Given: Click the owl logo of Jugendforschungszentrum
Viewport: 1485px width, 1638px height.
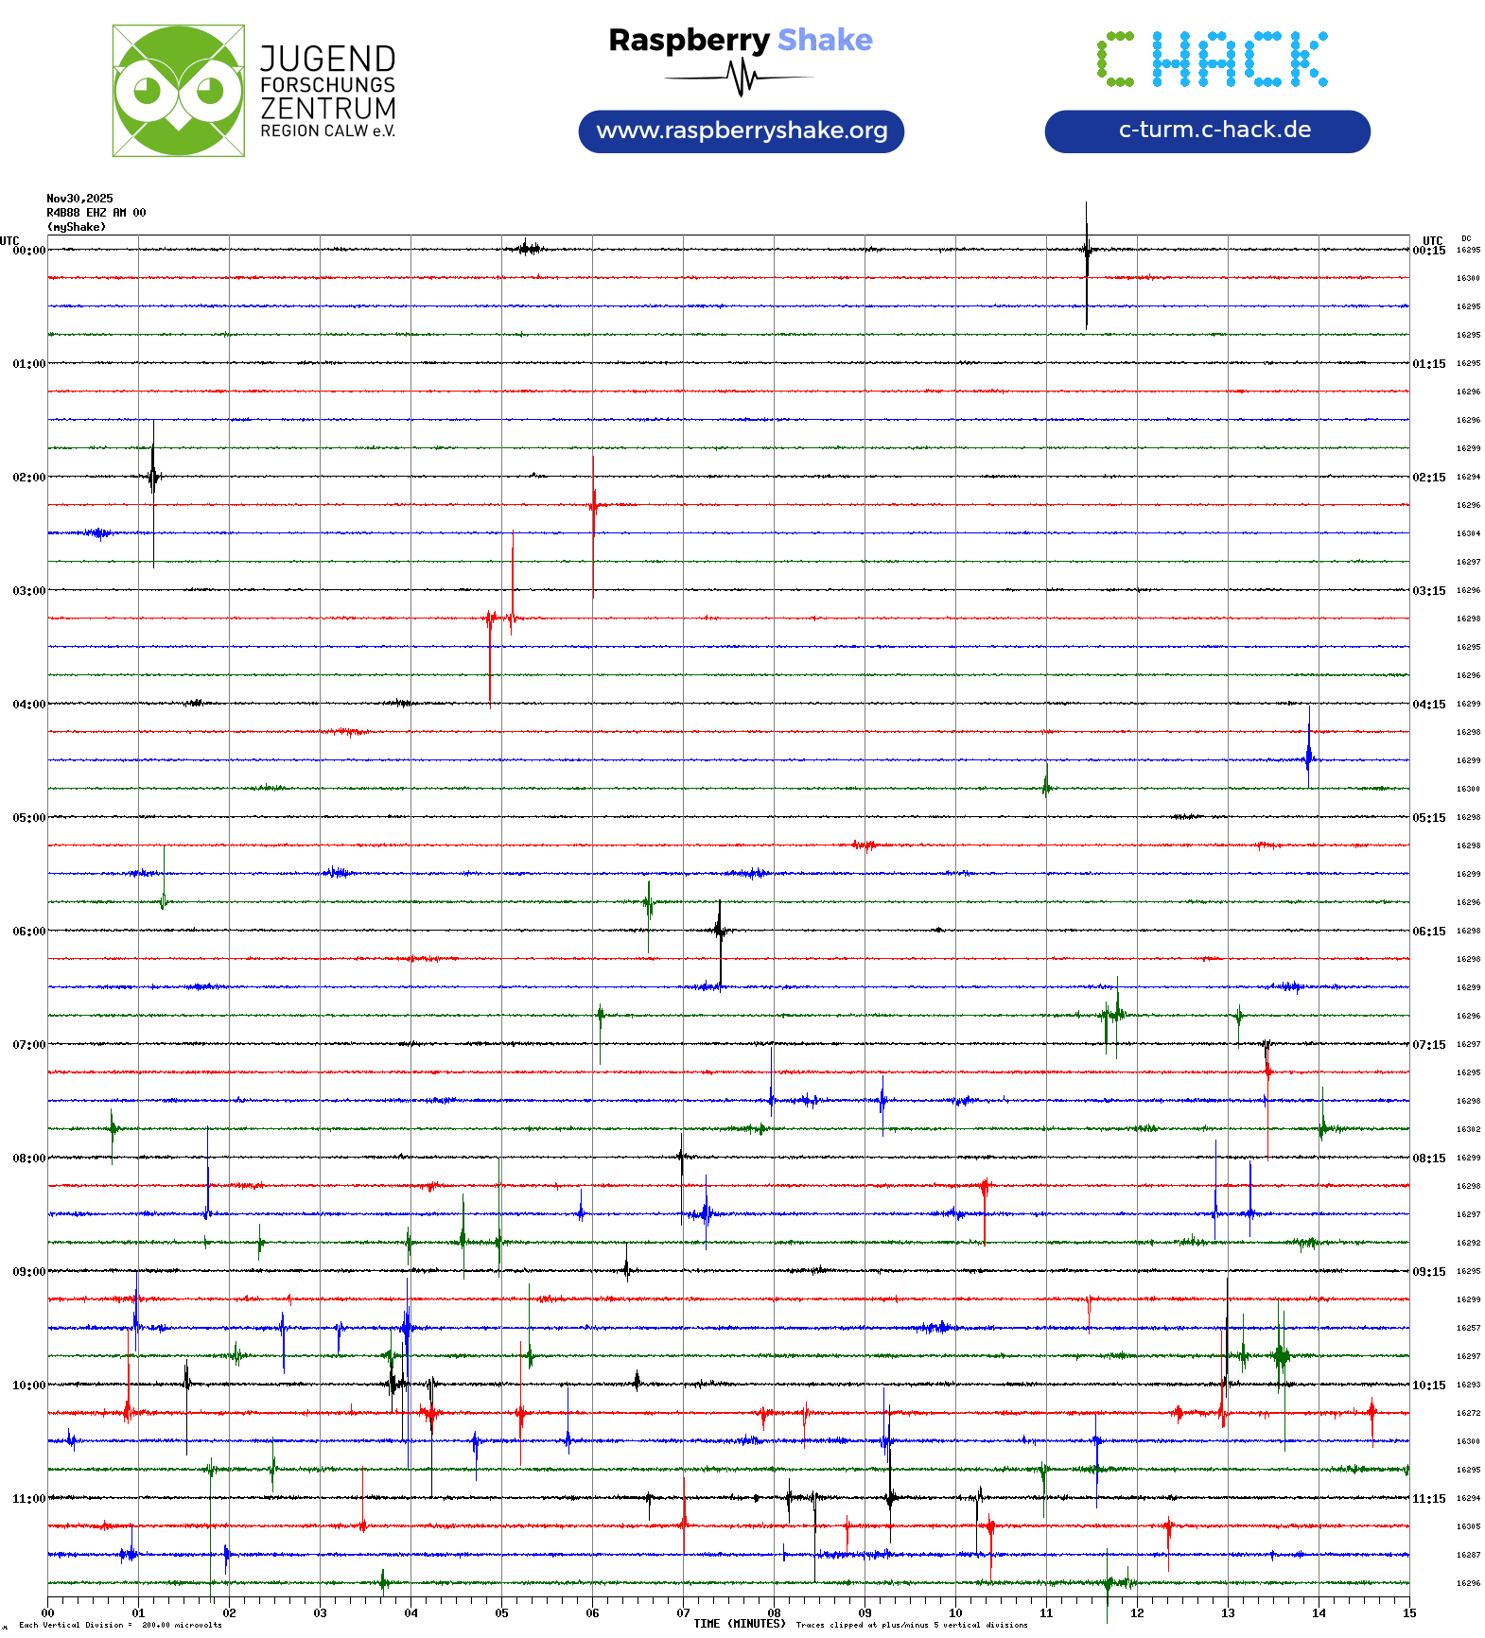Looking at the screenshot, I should (178, 91).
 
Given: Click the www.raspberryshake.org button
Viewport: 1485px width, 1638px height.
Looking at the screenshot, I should (742, 131).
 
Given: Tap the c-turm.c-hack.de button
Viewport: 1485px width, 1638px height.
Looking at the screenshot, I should (1207, 131).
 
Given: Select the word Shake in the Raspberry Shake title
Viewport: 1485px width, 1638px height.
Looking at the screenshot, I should (825, 40).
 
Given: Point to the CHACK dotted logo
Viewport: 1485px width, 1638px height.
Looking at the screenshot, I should (1212, 60).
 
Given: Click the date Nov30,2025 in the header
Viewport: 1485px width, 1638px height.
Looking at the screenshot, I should (79, 199).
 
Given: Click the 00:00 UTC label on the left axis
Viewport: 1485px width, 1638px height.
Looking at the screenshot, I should (28, 251).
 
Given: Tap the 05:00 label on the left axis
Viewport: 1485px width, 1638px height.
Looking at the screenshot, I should (28, 818).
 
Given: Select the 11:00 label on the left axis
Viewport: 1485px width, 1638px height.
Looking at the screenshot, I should (28, 1499).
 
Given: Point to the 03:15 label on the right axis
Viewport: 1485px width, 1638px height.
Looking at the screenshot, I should (1429, 591).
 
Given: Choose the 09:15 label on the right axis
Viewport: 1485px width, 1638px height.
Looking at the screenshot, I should (1429, 1272).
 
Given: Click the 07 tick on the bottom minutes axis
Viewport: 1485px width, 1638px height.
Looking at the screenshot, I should (683, 1613).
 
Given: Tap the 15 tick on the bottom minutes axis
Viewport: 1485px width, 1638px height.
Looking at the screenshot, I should (1409, 1613).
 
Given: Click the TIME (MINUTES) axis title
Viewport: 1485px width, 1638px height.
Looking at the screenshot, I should (739, 1624).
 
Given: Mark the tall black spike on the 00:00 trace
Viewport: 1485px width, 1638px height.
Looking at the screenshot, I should (1087, 251).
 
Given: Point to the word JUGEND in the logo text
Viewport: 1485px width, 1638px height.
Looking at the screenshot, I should (327, 59).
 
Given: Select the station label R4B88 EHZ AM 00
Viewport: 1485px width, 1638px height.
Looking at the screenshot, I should (96, 213).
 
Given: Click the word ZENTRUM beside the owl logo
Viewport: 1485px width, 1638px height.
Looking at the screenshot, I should (327, 108).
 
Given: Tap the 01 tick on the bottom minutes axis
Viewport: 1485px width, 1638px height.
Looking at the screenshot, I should (138, 1613).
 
